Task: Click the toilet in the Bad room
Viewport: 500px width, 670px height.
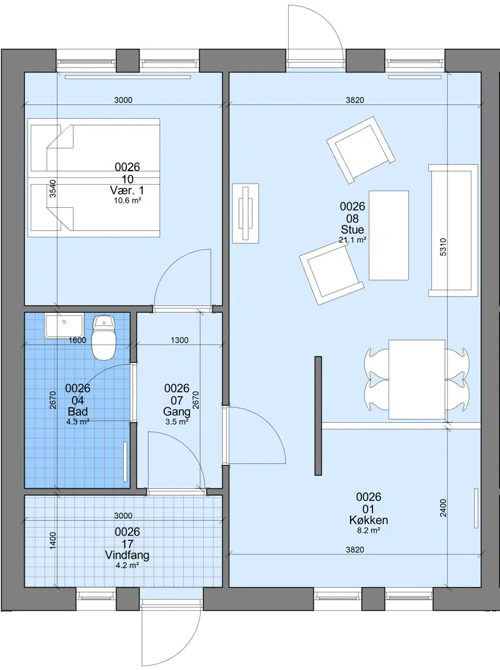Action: coord(104,337)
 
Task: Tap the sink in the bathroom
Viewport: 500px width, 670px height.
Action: coord(64,325)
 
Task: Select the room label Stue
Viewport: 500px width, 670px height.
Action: coord(352,229)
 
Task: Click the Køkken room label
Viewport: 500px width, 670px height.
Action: coord(368,520)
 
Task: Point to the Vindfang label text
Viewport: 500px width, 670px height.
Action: coord(127,555)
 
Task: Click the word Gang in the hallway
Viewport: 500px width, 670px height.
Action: coord(177,411)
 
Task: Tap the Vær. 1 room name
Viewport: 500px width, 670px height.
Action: coord(127,190)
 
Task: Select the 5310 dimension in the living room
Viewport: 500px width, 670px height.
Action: coord(442,247)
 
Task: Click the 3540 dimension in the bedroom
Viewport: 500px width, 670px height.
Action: coord(52,189)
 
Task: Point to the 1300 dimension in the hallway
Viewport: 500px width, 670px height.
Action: coord(179,340)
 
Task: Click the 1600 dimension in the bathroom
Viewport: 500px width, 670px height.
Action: coord(77,340)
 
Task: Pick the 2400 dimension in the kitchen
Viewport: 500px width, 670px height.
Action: coord(442,508)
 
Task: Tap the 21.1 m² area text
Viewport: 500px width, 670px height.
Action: coord(352,240)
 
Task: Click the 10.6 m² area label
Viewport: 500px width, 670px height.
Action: coord(127,200)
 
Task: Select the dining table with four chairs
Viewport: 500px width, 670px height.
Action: coord(417,380)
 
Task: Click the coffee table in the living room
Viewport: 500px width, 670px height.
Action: coord(388,235)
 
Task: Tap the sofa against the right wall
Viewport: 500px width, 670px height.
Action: coord(453,230)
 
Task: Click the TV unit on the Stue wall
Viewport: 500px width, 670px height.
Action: coord(246,213)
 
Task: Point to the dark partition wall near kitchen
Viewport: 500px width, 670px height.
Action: coord(317,416)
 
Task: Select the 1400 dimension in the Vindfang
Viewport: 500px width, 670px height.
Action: coord(52,541)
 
